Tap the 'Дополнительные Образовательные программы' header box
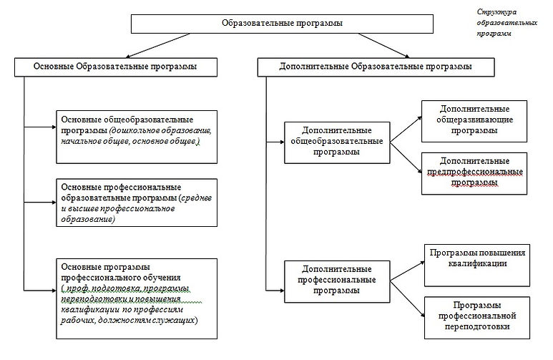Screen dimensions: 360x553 [375, 67]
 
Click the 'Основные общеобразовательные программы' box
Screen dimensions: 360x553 [136, 137]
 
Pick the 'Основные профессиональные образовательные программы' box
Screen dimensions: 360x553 [136, 202]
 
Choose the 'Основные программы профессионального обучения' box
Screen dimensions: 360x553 [136, 293]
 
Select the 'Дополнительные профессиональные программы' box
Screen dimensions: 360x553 [336, 281]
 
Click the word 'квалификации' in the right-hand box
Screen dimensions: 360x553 [475, 263]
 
